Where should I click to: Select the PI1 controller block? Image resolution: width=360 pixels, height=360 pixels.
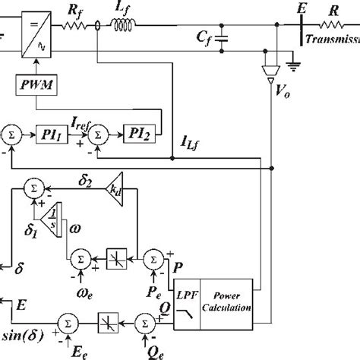(x=54, y=134)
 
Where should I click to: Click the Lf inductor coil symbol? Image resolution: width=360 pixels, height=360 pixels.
(x=124, y=27)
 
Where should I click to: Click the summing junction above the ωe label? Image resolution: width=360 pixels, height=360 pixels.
(x=80, y=259)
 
